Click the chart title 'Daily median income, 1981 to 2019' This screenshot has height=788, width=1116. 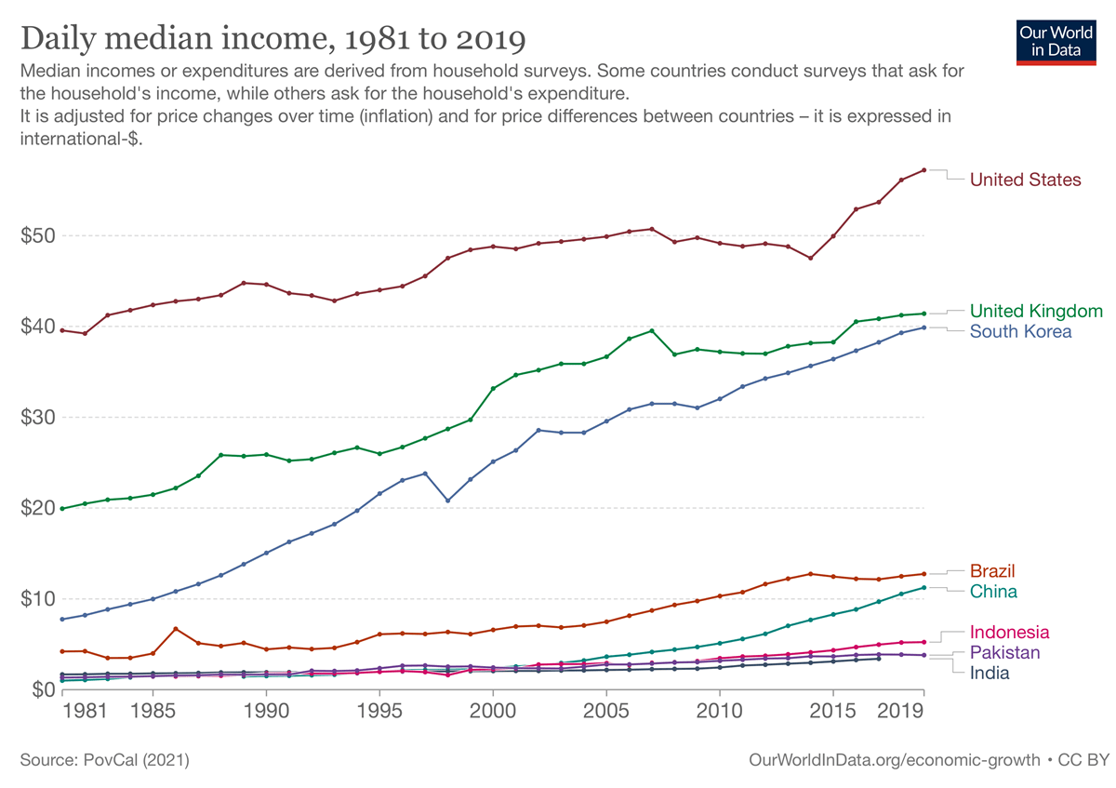pyautogui.click(x=272, y=39)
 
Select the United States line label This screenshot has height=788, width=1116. pyautogui.click(x=1025, y=180)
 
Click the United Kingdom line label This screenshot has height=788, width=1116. pyautogui.click(x=1036, y=311)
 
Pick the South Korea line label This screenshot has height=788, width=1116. pyautogui.click(x=1020, y=331)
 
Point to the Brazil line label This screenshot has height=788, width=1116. pyautogui.click(x=992, y=570)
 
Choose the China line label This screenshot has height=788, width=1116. pyautogui.click(x=993, y=592)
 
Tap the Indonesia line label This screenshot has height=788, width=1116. pyautogui.click(x=1009, y=632)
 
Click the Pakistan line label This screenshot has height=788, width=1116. pyautogui.click(x=1004, y=652)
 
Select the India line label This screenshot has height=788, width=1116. pyautogui.click(x=989, y=673)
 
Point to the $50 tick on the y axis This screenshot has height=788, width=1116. pyautogui.click(x=37, y=235)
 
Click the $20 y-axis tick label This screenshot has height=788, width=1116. pyautogui.click(x=37, y=508)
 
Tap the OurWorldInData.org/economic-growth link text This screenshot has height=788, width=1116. pyautogui.click(x=894, y=760)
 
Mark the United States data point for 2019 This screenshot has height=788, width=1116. pyautogui.click(x=923, y=169)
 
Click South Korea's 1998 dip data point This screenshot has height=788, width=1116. pyautogui.click(x=447, y=501)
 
